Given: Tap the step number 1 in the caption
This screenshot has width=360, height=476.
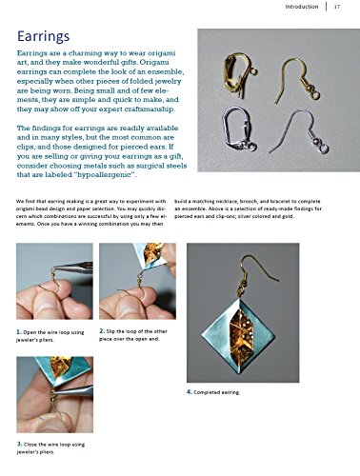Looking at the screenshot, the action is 19,330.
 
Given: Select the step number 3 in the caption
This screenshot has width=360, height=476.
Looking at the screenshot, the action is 19,445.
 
